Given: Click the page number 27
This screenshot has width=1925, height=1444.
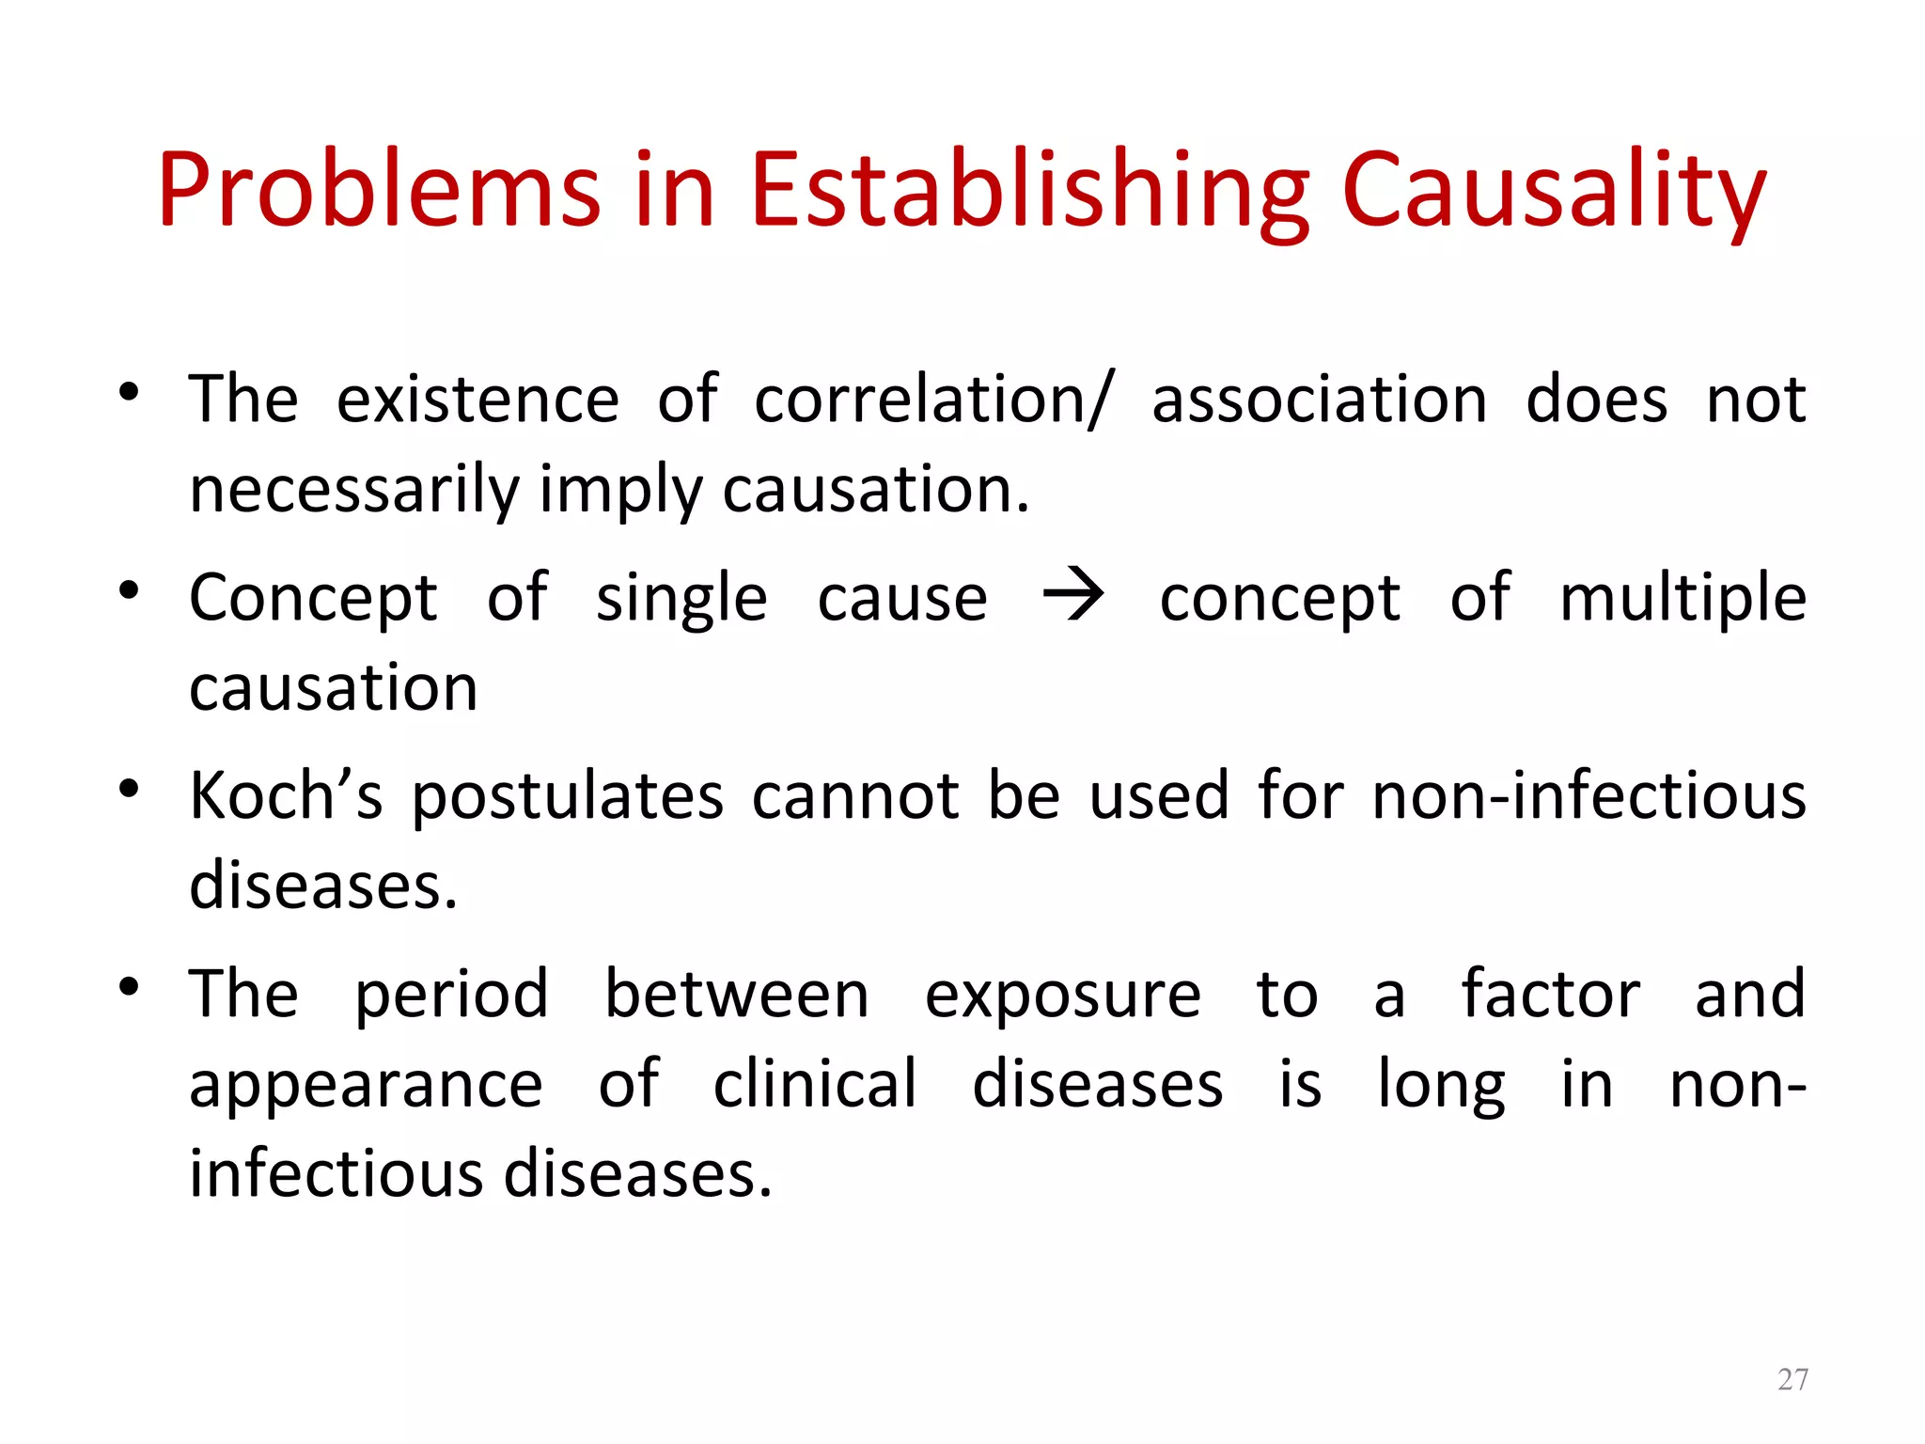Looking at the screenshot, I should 1792,1379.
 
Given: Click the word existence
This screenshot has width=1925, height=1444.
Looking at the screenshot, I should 477,400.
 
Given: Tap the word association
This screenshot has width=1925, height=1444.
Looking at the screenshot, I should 1319,400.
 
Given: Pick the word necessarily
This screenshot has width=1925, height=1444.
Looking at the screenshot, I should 354,491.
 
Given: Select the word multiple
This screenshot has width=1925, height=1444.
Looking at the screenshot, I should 1682,598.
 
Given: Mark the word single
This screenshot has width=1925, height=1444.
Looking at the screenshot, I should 681,598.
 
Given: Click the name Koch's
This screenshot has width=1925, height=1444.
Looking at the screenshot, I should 286,795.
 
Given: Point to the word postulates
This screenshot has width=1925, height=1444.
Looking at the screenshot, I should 568,795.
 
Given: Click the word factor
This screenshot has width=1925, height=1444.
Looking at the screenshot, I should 1551,995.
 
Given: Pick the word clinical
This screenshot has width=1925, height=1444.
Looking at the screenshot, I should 815,1084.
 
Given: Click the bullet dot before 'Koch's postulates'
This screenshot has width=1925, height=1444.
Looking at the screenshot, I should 130,788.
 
